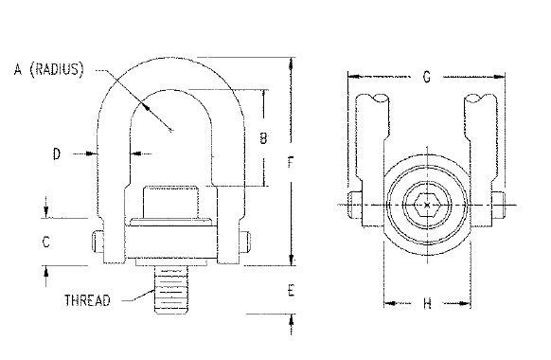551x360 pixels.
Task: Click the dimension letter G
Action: [427, 77]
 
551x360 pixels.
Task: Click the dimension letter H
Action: [427, 303]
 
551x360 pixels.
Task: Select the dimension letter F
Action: [291, 162]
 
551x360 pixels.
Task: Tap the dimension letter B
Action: [263, 137]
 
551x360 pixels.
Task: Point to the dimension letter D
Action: [57, 154]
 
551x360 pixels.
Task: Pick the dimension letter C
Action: [46, 243]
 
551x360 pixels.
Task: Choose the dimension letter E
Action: [291, 291]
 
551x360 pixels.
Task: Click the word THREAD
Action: [87, 300]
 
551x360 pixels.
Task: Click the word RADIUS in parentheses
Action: [57, 69]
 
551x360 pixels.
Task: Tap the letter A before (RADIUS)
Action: [18, 69]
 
